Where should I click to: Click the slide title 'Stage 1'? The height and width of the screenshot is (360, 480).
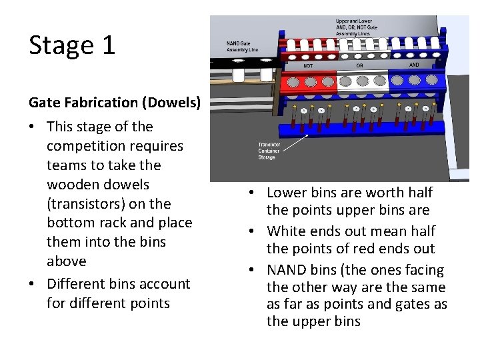click(x=72, y=45)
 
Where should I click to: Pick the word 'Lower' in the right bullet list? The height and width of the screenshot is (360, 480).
click(x=288, y=193)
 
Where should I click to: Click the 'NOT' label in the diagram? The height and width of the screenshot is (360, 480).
click(x=308, y=66)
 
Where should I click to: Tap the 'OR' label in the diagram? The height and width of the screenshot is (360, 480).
click(x=360, y=66)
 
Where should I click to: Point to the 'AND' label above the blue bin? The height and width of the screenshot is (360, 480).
click(x=414, y=65)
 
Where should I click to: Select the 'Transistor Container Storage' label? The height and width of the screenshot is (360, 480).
click(x=269, y=151)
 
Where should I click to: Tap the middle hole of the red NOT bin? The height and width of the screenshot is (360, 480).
click(x=310, y=82)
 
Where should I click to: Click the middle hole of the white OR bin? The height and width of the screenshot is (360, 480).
click(x=362, y=81)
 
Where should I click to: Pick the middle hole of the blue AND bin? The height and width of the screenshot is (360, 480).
click(x=414, y=81)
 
